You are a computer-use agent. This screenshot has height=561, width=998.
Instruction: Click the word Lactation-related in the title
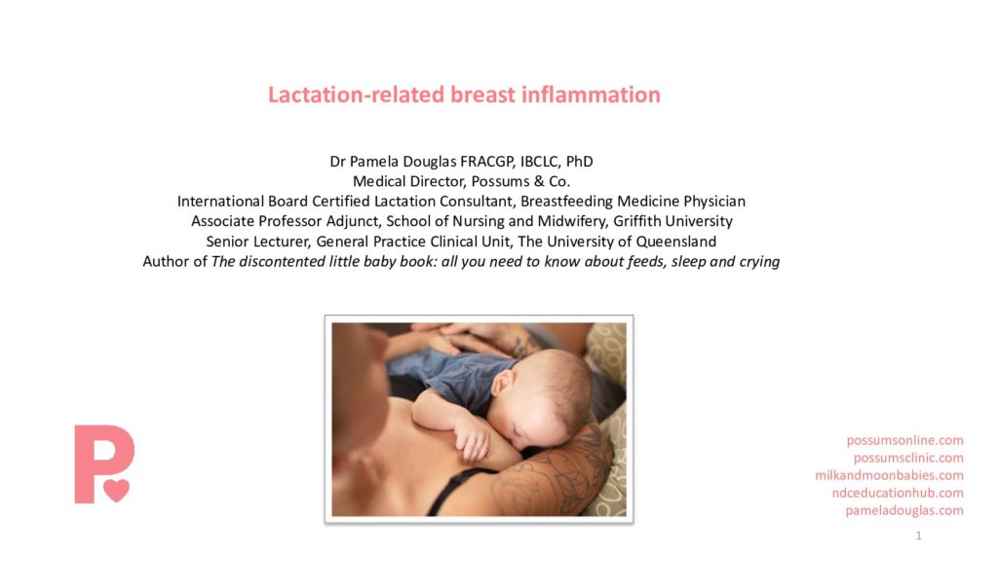pyautogui.click(x=356, y=94)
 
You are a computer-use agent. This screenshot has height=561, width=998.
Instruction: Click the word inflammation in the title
pyautogui.click(x=591, y=94)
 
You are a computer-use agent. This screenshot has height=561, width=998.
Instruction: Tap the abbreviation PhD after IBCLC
pyautogui.click(x=579, y=162)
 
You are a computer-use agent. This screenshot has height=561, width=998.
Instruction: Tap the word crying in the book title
pyautogui.click(x=759, y=262)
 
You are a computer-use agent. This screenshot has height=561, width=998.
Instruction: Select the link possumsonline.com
pyautogui.click(x=904, y=440)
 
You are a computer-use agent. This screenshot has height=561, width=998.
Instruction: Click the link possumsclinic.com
pyautogui.click(x=908, y=458)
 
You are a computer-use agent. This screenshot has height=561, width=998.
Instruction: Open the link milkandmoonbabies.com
pyautogui.click(x=889, y=475)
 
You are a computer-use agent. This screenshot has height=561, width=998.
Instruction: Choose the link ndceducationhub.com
pyautogui.click(x=898, y=493)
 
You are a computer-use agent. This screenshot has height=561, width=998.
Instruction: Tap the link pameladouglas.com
pyautogui.click(x=904, y=510)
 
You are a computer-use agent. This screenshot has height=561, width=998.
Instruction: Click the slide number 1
pyautogui.click(x=918, y=536)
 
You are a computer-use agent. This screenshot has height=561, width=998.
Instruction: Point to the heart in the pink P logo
pyautogui.click(x=117, y=490)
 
